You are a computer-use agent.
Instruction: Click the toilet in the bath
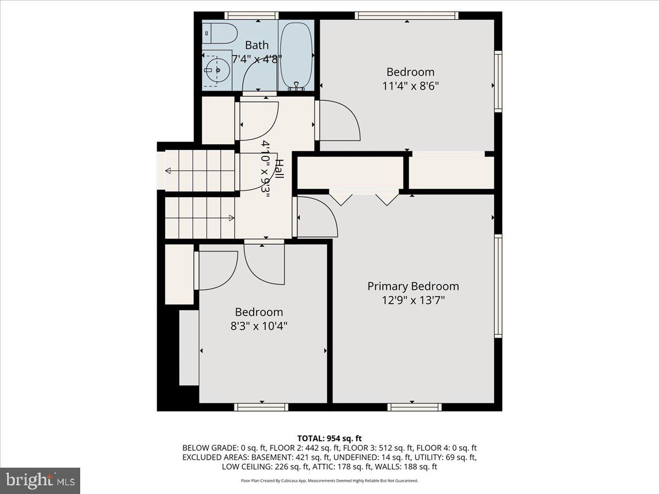[222, 33]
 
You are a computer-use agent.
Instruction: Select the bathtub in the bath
[297, 55]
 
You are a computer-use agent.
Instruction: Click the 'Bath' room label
[256, 45]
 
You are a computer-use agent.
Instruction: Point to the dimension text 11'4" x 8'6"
[411, 86]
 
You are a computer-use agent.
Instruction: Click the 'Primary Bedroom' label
[413, 286]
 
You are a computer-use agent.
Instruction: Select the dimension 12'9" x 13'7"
[413, 300]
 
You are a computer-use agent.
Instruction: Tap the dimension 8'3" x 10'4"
[259, 326]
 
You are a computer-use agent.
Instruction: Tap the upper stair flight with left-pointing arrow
[200, 171]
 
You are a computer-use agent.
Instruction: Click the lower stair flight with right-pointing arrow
[200, 218]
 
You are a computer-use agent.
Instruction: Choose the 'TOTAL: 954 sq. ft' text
[329, 438]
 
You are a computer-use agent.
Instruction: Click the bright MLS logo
[40, 481]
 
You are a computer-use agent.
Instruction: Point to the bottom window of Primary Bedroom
[414, 407]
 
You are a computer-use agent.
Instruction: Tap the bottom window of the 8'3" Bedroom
[261, 407]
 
